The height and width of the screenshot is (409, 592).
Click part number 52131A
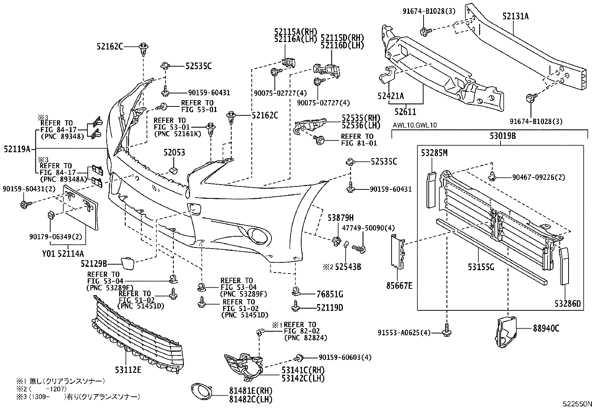coord(515,16)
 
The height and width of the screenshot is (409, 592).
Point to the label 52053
coord(174,153)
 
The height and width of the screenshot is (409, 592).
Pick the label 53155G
coord(481,267)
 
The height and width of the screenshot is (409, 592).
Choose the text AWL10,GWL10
coord(415,125)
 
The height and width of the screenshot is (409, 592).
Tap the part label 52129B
coord(94,264)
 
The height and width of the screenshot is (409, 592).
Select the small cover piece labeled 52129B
coord(127,263)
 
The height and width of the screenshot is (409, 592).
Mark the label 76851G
coord(330,294)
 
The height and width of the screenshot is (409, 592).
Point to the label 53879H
coord(340,217)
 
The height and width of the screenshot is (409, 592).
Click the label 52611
coord(405,111)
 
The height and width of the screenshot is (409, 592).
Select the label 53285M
coord(434,153)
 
